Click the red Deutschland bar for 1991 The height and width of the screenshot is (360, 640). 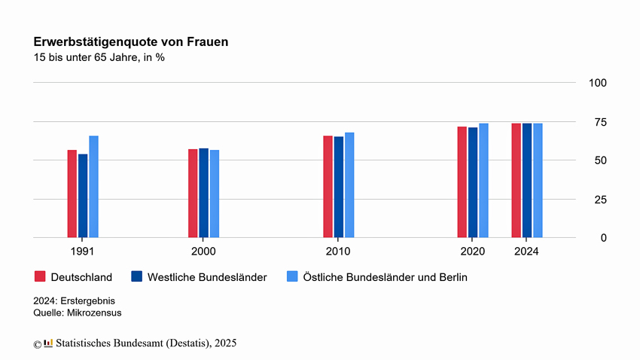click(x=72, y=194)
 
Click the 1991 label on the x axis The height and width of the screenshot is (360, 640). click(x=83, y=251)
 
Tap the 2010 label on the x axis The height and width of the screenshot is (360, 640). click(x=338, y=251)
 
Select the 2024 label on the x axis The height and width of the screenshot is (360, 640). click(x=526, y=251)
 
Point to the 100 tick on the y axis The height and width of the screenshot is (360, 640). click(x=598, y=83)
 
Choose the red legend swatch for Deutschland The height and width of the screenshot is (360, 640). click(x=41, y=276)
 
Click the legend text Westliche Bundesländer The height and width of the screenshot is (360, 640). click(x=207, y=277)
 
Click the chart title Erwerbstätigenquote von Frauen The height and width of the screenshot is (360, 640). click(x=131, y=43)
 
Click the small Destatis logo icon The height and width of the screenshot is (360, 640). click(x=48, y=343)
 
